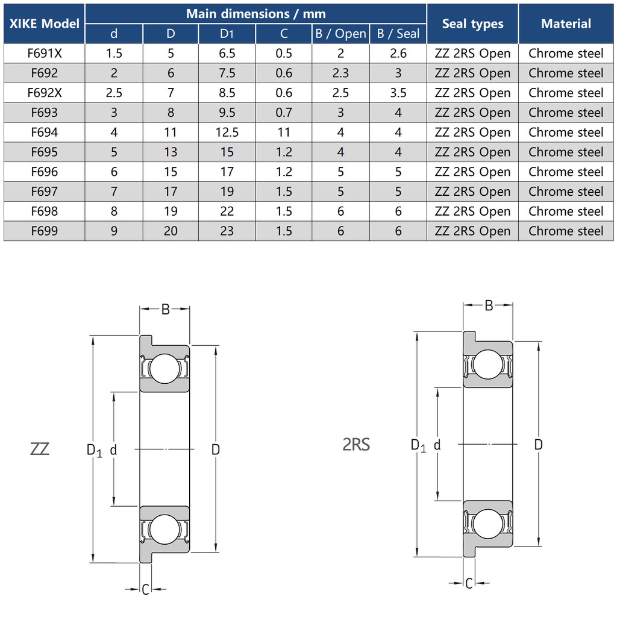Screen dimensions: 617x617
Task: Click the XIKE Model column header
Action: point(45,23)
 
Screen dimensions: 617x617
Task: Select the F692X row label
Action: point(45,93)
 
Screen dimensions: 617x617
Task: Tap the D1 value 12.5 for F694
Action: point(227,132)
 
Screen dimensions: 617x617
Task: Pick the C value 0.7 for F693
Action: point(284,113)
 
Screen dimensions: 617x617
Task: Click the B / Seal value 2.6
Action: point(398,54)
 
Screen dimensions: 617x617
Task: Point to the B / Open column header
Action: point(341,34)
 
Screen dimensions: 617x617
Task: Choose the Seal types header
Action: point(472,23)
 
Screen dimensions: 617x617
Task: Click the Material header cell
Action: point(566,23)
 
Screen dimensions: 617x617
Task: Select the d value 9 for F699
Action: point(114,231)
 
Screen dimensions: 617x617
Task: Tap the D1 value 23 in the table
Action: point(227,231)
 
